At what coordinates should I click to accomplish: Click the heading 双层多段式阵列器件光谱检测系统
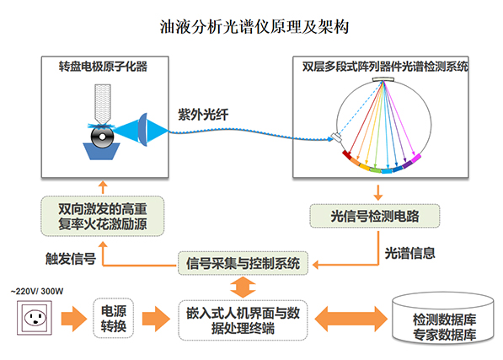[x=385, y=65]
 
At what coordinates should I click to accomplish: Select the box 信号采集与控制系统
[x=243, y=262]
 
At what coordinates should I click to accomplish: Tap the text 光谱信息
[x=410, y=252]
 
